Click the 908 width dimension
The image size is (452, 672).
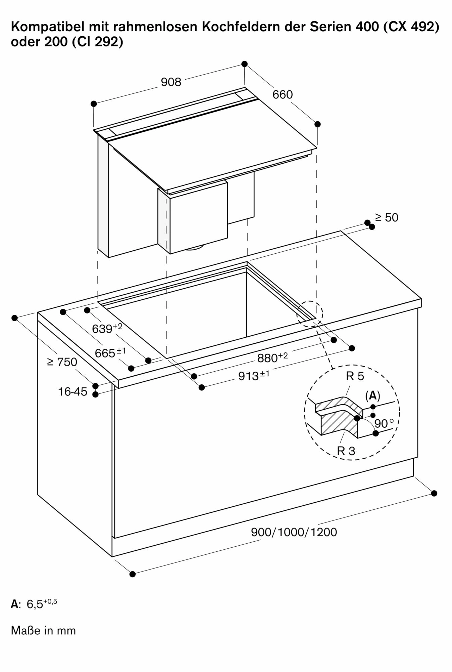pyautogui.click(x=171, y=82)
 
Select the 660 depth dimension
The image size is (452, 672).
pyautogui.click(x=283, y=95)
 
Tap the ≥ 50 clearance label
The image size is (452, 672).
pyautogui.click(x=387, y=217)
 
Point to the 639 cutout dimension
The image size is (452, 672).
pyautogui.click(x=107, y=328)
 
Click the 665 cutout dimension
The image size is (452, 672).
pyautogui.click(x=110, y=353)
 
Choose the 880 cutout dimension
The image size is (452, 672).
pyautogui.click(x=272, y=358)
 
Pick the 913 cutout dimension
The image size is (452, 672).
pyautogui.click(x=253, y=376)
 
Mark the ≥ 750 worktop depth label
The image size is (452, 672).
pyautogui.click(x=62, y=362)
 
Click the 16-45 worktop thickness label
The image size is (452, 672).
pyautogui.click(x=72, y=391)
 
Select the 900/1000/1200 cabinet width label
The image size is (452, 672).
pyautogui.click(x=294, y=532)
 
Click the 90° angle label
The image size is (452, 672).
pyautogui.click(x=384, y=423)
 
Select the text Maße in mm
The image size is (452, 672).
pyautogui.click(x=43, y=630)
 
